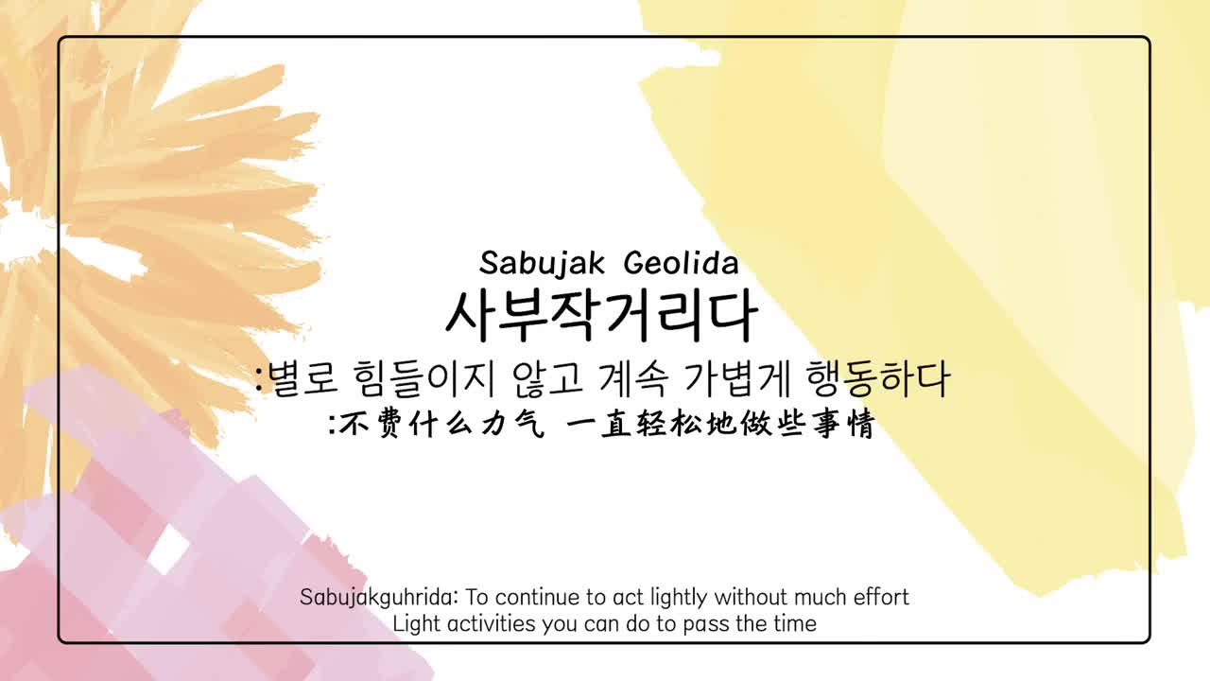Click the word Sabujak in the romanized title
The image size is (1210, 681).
pos(542,264)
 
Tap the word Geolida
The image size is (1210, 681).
pos(682,263)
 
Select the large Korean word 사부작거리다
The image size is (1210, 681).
pos(602,316)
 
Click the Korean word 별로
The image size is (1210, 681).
pos(302,379)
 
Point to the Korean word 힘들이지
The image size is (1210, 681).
pos(423,379)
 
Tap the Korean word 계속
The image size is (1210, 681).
pos(634,379)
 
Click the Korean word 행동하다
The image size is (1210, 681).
pos(878,379)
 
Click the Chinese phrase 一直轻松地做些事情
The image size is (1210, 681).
pos(720,423)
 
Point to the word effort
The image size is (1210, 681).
pos(881,597)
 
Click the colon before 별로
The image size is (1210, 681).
pos(259,380)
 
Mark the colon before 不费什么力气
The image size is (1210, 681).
pos(333,424)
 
